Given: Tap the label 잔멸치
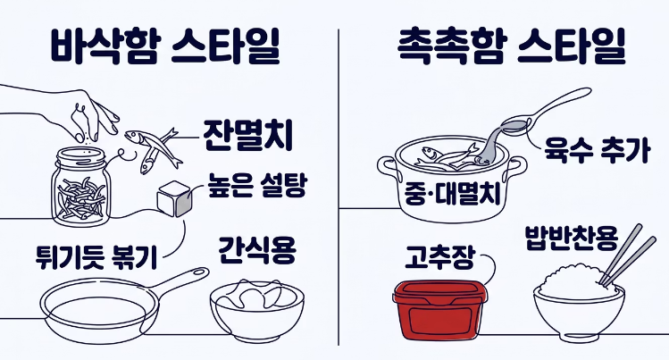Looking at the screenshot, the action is tap(247, 135).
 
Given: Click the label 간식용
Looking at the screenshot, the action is tap(255, 251).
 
